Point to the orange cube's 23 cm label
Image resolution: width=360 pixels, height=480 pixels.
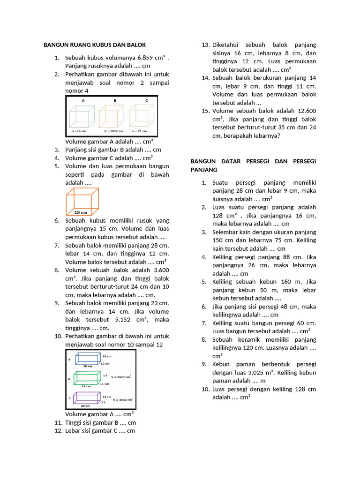coord(81,212)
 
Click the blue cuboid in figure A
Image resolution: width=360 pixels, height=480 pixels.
coord(85,360)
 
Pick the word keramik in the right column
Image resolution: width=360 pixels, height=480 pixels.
coord(251,340)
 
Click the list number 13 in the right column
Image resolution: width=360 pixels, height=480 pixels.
coord(205,45)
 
